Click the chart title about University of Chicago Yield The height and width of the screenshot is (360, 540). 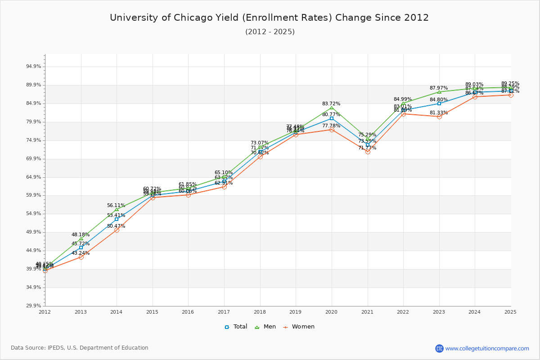(x=270, y=18)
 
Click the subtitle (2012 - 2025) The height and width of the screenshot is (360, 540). (x=270, y=31)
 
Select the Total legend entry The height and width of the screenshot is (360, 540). (x=236, y=327)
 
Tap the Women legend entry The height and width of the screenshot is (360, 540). (x=299, y=327)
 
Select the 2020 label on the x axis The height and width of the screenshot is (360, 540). (x=332, y=311)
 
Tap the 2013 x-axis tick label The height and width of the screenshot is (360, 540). (x=81, y=311)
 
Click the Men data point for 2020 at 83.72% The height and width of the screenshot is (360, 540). (x=332, y=108)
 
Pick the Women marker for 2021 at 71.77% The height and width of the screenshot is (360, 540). (x=368, y=152)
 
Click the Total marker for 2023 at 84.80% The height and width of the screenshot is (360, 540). (x=439, y=103)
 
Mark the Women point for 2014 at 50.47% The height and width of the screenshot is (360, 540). (x=117, y=230)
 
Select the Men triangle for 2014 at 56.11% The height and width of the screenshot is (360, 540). (x=117, y=209)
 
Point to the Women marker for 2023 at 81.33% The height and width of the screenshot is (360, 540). (x=439, y=117)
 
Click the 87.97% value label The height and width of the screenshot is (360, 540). (x=439, y=88)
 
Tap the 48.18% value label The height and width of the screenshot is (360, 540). (x=81, y=234)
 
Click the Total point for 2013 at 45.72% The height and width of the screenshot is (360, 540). (x=81, y=247)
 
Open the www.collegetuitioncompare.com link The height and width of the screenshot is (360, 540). (x=487, y=348)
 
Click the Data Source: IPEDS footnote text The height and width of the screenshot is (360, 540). (x=80, y=348)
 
